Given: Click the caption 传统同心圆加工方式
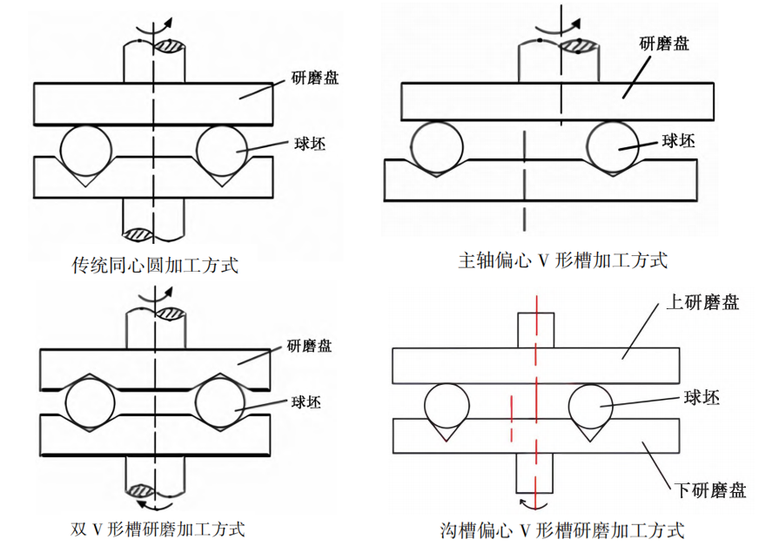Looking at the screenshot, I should click(x=154, y=265).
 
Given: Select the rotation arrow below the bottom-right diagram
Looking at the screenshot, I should click(x=531, y=505).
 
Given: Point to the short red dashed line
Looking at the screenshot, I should click(x=512, y=419).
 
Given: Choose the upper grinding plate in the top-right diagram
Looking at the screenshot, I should click(x=557, y=100).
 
